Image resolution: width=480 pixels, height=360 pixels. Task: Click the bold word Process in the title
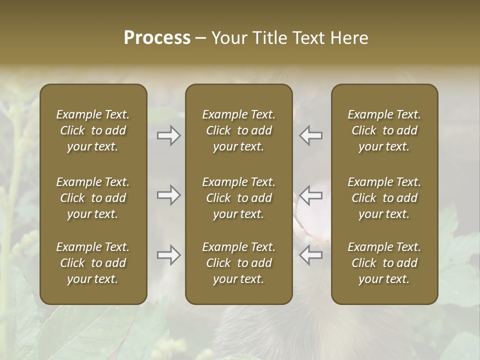(x=157, y=38)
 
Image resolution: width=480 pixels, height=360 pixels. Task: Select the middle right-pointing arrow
(x=169, y=195)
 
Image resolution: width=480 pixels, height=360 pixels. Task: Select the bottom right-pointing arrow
(x=169, y=255)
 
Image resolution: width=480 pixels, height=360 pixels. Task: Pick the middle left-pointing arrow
(x=310, y=195)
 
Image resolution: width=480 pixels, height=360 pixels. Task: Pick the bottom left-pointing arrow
(x=310, y=255)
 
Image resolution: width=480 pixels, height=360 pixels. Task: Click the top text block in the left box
(x=93, y=130)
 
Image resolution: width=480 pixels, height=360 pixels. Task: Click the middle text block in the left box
(x=93, y=198)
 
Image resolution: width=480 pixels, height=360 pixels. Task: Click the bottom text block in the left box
(x=93, y=263)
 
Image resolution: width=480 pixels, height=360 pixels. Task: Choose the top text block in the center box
(x=238, y=130)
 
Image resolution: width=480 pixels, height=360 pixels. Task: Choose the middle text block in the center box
(x=238, y=198)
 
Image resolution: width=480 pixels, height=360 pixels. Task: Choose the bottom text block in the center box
(x=238, y=263)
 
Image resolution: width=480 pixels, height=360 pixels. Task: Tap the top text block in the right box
(x=384, y=130)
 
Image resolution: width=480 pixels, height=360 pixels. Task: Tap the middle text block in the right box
(x=384, y=198)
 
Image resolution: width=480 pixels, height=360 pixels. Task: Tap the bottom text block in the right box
(x=384, y=263)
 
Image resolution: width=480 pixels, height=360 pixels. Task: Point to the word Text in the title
(x=308, y=38)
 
